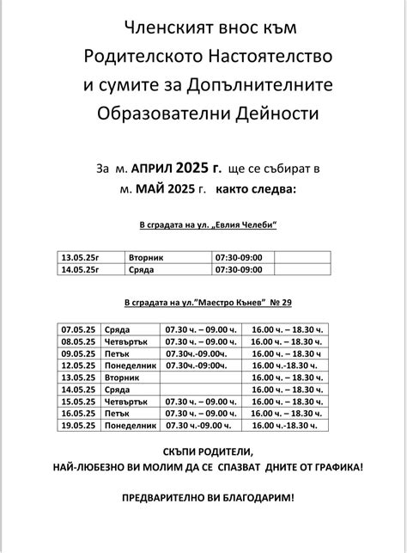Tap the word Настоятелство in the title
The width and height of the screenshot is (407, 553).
(x=273, y=57)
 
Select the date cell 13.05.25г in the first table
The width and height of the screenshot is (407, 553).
(x=80, y=257)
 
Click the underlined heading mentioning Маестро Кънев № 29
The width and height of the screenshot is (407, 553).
(x=208, y=304)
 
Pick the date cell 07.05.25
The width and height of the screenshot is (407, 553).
(x=77, y=329)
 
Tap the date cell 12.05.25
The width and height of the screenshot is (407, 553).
(x=77, y=366)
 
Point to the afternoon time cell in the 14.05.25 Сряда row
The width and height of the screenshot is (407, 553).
(x=284, y=390)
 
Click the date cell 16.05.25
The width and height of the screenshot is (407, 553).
(x=77, y=413)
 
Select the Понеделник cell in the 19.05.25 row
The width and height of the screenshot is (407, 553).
(x=131, y=425)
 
